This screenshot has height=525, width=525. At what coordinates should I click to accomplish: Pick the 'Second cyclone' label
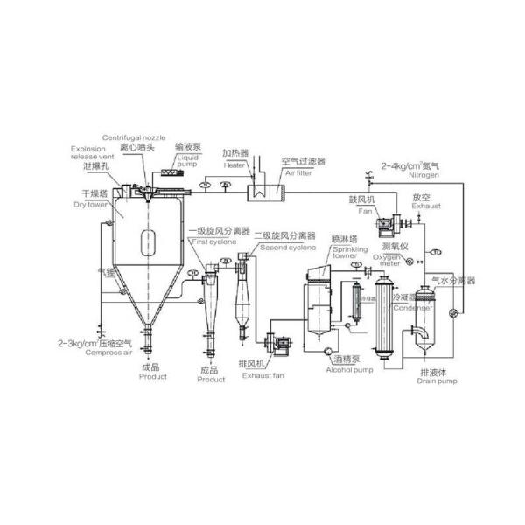point(285,248)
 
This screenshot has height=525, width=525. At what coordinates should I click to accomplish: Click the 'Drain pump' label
point(434,381)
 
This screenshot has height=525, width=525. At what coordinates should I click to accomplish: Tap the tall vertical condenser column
point(381,318)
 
